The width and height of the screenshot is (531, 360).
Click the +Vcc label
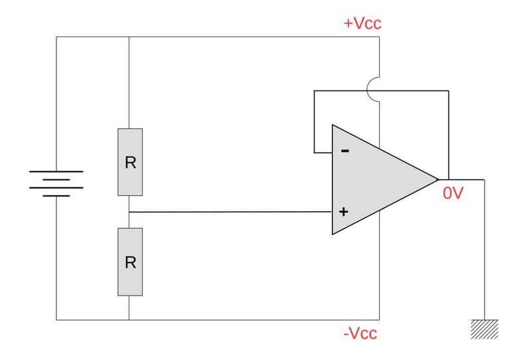point(362,24)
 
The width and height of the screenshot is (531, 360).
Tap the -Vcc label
point(360,333)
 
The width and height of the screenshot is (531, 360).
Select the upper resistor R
point(130,162)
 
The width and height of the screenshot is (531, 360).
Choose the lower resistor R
point(130,262)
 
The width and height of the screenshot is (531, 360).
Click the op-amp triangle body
point(378,179)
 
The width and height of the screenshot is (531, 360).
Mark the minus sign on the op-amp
point(344,151)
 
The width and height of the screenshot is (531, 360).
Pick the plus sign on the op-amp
point(344,213)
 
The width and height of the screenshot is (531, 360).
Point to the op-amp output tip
point(438,179)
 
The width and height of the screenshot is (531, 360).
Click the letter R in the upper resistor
point(130,163)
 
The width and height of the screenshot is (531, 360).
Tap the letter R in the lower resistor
point(130,262)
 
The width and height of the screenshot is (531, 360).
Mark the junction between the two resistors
point(129,212)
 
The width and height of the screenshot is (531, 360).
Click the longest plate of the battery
point(56,171)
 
